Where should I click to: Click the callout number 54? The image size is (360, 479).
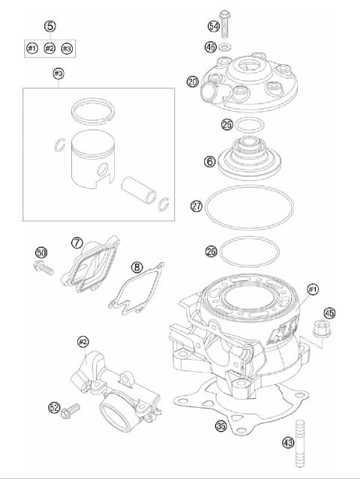[213, 27]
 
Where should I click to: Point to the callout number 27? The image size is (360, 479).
[196, 205]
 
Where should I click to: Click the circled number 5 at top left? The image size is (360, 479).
[49, 26]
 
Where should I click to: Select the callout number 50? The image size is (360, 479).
[41, 252]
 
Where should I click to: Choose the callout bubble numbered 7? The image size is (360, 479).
[76, 243]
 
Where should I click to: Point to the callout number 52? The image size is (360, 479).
[53, 407]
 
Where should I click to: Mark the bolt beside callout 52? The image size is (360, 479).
[71, 409]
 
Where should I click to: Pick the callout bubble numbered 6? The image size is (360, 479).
[210, 160]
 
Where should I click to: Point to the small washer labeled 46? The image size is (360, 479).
[223, 47]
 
